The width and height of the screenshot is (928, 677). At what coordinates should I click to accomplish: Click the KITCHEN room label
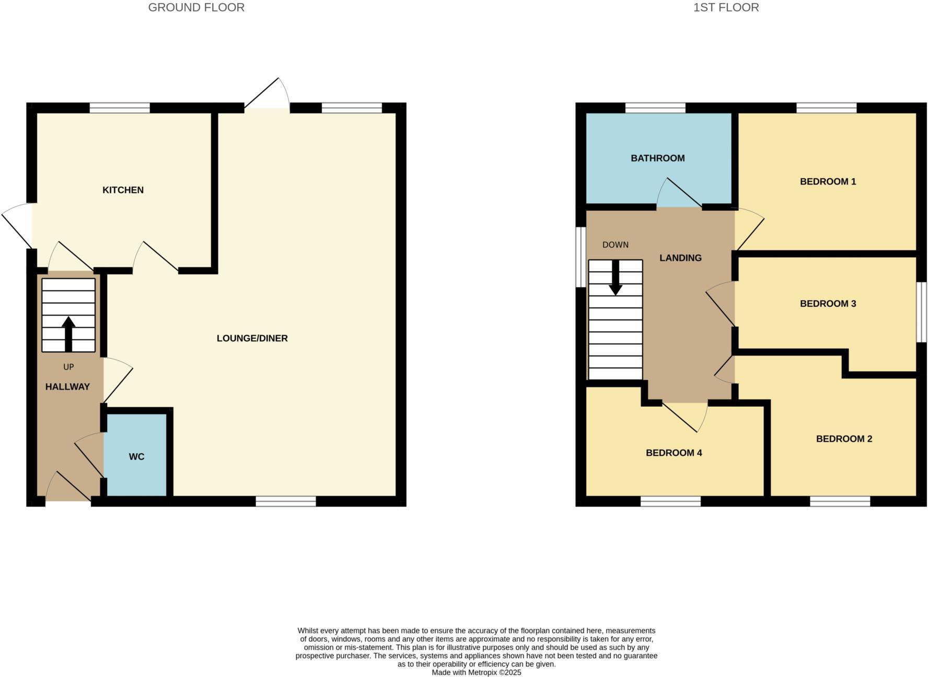tap(123, 190)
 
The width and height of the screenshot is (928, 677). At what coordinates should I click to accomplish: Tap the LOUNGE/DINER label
tap(252, 338)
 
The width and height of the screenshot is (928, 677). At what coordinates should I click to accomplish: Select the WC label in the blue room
tap(136, 456)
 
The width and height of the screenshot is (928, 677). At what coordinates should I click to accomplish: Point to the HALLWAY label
tap(67, 387)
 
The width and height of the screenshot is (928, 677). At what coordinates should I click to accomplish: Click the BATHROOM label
tap(657, 158)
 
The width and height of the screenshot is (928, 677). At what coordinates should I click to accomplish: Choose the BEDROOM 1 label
tap(828, 181)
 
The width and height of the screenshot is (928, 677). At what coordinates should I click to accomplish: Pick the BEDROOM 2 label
tap(844, 439)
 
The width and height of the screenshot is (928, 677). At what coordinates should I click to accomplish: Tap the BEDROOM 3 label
tap(828, 303)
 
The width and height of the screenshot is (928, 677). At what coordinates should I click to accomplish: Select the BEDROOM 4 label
tap(674, 453)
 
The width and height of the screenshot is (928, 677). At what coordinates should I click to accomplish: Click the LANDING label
tap(680, 258)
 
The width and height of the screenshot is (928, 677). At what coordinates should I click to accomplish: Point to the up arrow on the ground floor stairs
tap(68, 333)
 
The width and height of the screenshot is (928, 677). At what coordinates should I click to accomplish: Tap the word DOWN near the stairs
tap(615, 245)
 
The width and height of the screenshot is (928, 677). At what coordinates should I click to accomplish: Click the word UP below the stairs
tap(68, 367)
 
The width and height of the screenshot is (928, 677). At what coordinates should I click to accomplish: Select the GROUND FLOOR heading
tap(196, 7)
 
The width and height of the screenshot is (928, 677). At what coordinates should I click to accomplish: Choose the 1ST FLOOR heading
tap(726, 7)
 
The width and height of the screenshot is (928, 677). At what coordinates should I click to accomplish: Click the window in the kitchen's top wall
tap(120, 108)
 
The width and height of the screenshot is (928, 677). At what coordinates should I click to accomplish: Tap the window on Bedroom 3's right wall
tap(922, 312)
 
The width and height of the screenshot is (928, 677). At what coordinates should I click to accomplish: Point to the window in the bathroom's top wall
tap(655, 108)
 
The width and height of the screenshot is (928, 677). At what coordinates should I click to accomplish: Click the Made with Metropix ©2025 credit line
tap(476, 673)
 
